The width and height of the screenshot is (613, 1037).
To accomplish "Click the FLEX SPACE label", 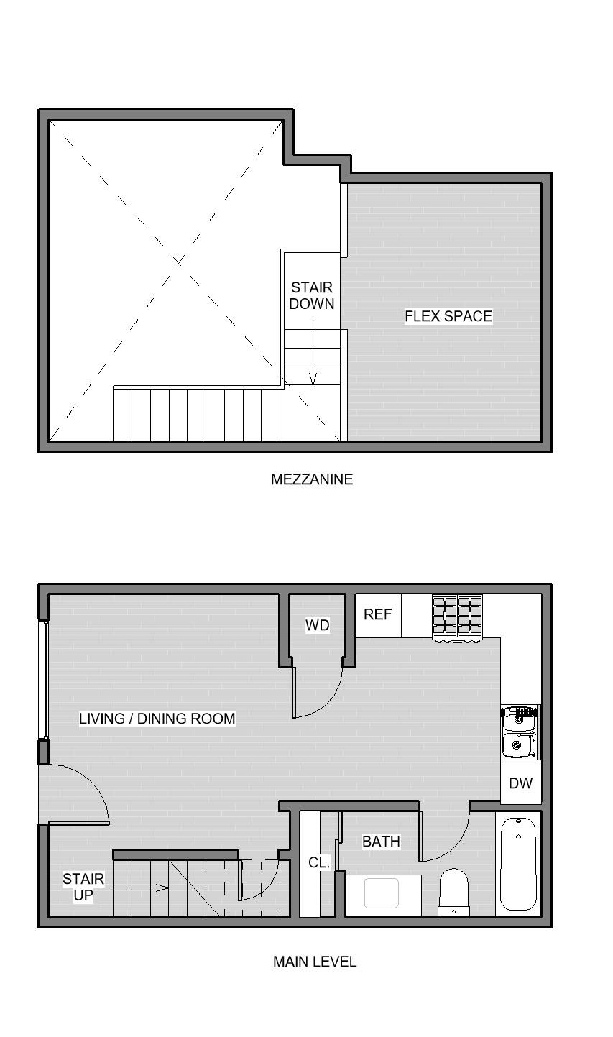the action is click(x=448, y=316).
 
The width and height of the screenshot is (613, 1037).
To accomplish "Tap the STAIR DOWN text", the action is click(x=312, y=295).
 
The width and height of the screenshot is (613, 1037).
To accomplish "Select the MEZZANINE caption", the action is click(x=312, y=479).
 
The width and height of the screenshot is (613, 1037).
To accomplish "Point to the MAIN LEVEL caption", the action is click(x=315, y=962).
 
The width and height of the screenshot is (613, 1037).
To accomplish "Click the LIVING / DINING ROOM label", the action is click(x=157, y=719).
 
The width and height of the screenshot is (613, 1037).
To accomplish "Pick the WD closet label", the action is click(x=317, y=625).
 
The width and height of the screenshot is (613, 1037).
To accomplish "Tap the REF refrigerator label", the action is click(x=377, y=614).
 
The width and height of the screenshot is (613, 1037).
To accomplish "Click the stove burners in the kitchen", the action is click(x=458, y=617).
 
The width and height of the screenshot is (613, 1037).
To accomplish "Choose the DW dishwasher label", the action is click(x=520, y=783).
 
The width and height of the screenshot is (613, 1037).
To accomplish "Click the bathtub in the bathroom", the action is click(x=519, y=865).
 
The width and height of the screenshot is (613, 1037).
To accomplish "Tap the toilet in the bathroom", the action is click(x=453, y=893).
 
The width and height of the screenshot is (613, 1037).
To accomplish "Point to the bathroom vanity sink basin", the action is click(x=382, y=893).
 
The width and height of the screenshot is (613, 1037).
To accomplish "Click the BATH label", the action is click(x=381, y=842).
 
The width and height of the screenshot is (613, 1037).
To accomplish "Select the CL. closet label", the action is click(x=319, y=862).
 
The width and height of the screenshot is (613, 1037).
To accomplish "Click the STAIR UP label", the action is click(x=83, y=887).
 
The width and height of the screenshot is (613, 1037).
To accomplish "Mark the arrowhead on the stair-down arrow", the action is click(x=313, y=379).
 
